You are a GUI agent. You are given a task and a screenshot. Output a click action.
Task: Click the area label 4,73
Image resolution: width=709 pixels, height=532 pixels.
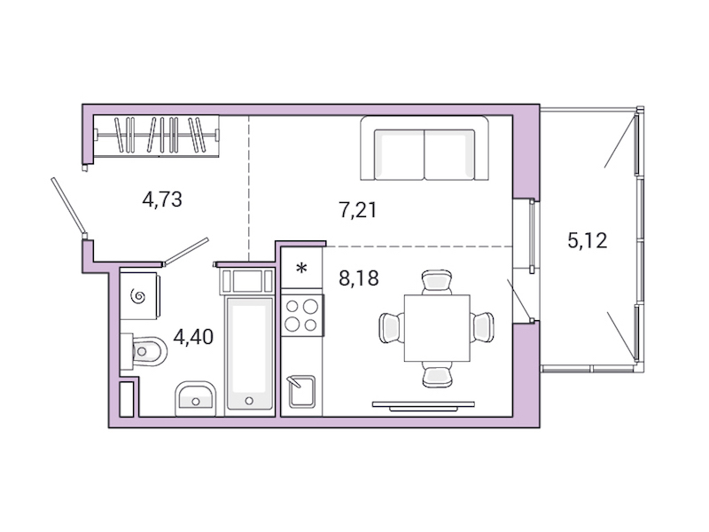click(x=162, y=199)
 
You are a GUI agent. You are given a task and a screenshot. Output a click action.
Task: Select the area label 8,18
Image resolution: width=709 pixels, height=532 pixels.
click(x=359, y=278)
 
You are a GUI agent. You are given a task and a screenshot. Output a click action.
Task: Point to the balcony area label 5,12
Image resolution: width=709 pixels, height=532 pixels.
click(x=587, y=239)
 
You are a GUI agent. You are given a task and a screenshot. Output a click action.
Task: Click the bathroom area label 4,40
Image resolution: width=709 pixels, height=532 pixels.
click(x=193, y=337)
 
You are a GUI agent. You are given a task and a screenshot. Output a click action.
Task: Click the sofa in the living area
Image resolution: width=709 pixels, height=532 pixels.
click(x=425, y=148)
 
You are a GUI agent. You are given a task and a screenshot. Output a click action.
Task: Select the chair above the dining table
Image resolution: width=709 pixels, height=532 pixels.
click(x=436, y=283)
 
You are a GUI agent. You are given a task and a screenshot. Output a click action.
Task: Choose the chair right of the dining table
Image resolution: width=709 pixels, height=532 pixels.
click(x=483, y=326)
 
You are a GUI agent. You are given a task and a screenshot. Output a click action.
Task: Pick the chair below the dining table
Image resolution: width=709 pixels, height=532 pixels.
click(x=436, y=373)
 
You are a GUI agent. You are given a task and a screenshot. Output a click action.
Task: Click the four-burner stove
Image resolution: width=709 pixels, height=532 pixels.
click(x=302, y=314)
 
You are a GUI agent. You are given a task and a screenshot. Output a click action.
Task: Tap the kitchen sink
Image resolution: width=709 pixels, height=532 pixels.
click(x=301, y=390)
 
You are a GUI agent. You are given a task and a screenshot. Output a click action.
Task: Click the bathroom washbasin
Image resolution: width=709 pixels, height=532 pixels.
click(x=195, y=398)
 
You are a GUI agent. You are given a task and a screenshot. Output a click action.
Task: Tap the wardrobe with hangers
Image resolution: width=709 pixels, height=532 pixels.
click(x=156, y=137)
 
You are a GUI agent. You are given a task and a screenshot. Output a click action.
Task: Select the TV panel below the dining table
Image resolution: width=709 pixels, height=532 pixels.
click(x=424, y=404)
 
